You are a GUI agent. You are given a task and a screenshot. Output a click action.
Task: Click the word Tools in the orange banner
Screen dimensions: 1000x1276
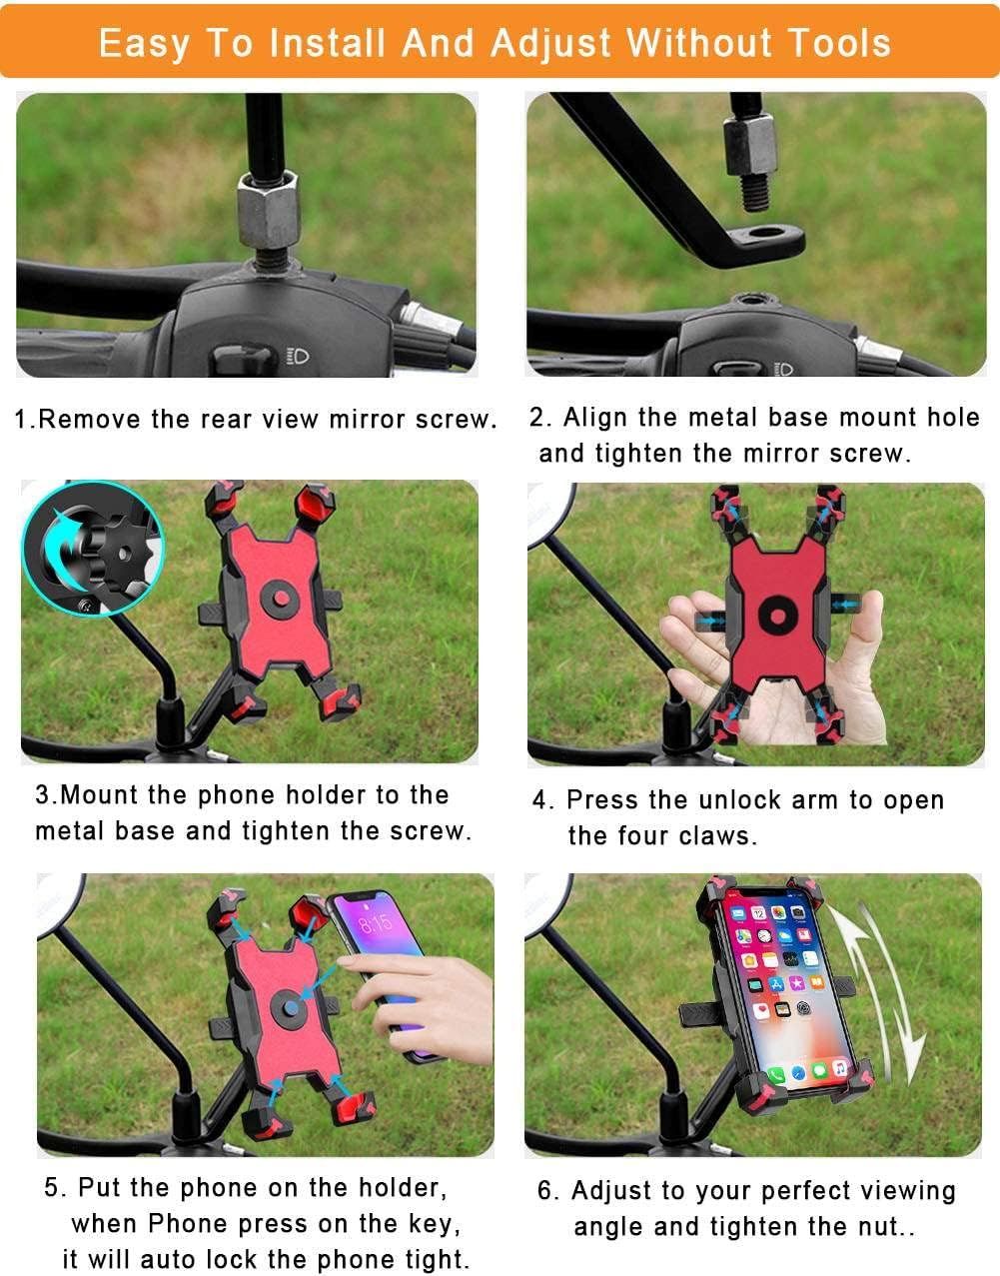pos(839,43)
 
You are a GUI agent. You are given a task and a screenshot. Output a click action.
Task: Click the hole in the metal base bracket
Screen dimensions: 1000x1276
pos(762,233)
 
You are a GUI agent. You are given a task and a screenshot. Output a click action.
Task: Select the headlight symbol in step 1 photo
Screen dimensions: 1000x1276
pos(300,356)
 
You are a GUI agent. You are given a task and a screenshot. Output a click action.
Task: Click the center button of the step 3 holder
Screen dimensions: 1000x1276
pos(281,599)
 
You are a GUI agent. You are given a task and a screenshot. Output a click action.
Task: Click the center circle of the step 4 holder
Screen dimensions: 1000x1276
pos(777,616)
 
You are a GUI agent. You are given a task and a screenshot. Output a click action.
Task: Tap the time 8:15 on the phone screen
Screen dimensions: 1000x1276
pos(376,922)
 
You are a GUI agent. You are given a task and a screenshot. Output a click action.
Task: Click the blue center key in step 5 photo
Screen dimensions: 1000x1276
pos(291,1007)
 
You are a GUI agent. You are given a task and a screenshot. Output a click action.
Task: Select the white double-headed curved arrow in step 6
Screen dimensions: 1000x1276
pos(876,991)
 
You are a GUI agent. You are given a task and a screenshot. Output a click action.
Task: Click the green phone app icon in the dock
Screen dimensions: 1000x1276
pos(776,1075)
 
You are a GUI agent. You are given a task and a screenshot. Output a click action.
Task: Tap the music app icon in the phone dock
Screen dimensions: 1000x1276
pos(840,1066)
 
